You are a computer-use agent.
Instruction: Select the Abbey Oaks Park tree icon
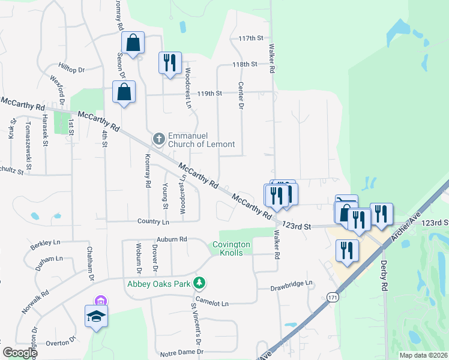pyautogui.click(x=202, y=283)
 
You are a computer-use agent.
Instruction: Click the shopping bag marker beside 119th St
pyautogui.click(x=124, y=92)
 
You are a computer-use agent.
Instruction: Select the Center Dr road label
pyautogui.click(x=241, y=95)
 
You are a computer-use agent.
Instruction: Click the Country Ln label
pyautogui.click(x=153, y=221)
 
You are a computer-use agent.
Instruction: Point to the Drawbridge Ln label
pyautogui.click(x=292, y=283)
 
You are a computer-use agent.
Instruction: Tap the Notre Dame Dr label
pyautogui.click(x=181, y=353)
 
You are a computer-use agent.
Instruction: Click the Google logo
pyautogui.click(x=20, y=353)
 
